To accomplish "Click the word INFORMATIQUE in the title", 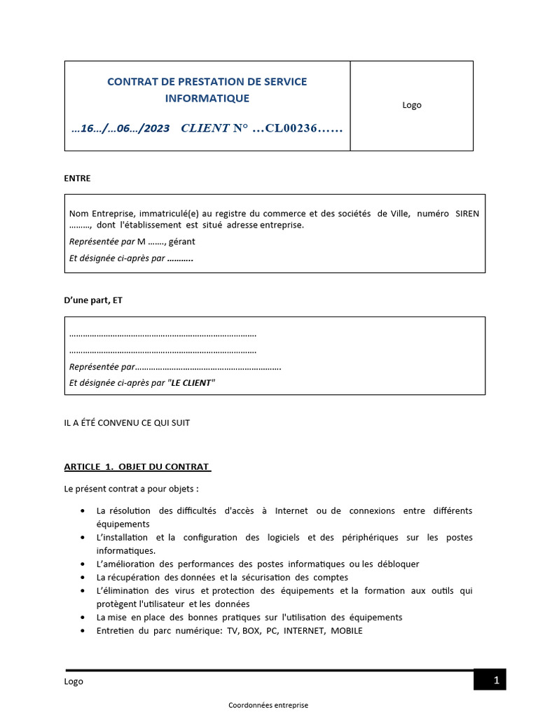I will pyautogui.click(x=207, y=98).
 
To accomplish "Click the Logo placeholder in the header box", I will pyautogui.click(x=412, y=105).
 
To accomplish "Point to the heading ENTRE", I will pyautogui.click(x=77, y=179).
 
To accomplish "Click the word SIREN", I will pyautogui.click(x=467, y=214).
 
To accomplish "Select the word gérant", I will pyautogui.click(x=182, y=242).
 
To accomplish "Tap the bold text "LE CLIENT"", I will pyautogui.click(x=193, y=383).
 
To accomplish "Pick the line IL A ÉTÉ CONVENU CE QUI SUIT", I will pyautogui.click(x=127, y=423).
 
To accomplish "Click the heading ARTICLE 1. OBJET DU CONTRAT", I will pyautogui.click(x=137, y=466).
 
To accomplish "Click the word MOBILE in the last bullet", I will pyautogui.click(x=347, y=630).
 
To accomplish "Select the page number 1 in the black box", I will pyautogui.click(x=497, y=680).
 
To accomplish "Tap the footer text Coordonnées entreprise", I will pyautogui.click(x=268, y=705).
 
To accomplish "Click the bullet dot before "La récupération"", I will pyautogui.click(x=84, y=578).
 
